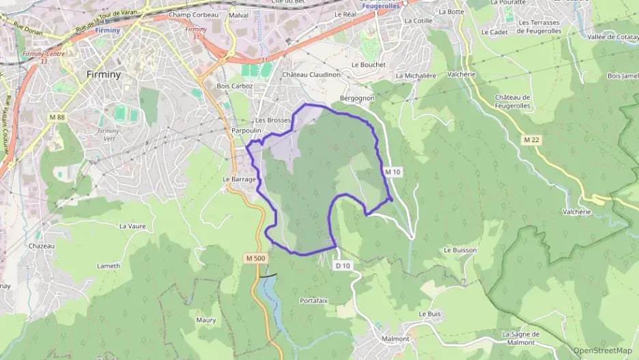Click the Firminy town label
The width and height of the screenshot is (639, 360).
(x=104, y=74)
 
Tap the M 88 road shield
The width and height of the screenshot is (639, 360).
(x=57, y=117)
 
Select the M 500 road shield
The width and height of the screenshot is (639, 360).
(x=254, y=258)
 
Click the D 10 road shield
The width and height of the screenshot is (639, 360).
(x=343, y=265)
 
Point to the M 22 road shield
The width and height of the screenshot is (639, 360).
(x=531, y=139)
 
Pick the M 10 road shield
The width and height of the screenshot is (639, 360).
(x=392, y=172)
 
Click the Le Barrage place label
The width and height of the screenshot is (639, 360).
(x=239, y=180)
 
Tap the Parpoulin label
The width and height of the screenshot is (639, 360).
(x=247, y=130)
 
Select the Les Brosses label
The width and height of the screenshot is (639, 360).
(x=273, y=120)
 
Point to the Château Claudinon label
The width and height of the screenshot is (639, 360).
(x=311, y=74)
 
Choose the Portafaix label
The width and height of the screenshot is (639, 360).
(x=314, y=300)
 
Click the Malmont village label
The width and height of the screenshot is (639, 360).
(x=396, y=339)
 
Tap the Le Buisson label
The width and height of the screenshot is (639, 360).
(x=460, y=250)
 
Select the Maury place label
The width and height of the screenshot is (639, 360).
(x=205, y=320)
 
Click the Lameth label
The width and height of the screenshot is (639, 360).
(x=108, y=266)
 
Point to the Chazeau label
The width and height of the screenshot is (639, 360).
(x=42, y=246)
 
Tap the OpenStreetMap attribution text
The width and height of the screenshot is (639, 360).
(x=602, y=351)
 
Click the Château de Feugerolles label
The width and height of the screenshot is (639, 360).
(x=513, y=102)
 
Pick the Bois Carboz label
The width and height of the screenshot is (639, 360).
(x=235, y=86)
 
